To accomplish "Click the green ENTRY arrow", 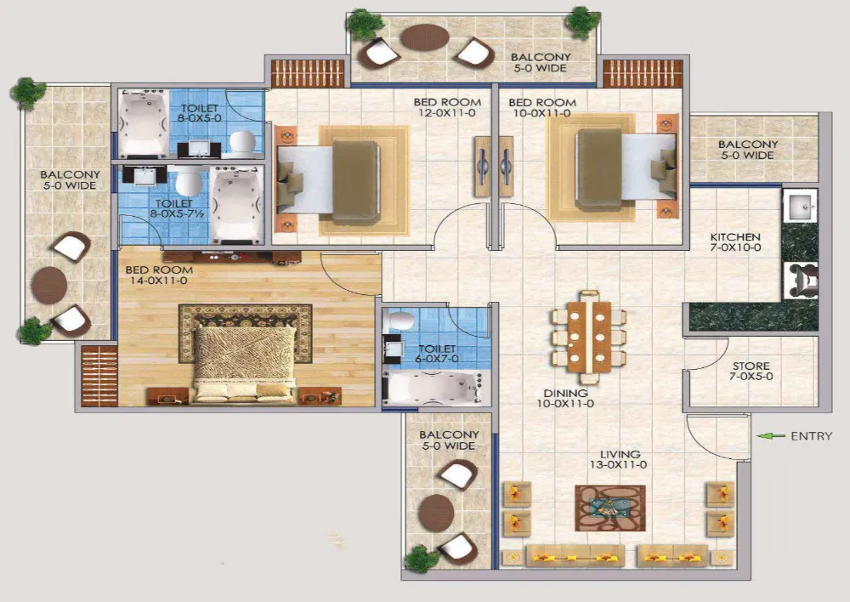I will click(x=770, y=436).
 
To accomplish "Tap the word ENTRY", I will click(x=811, y=436).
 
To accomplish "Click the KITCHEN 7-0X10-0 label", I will click(x=735, y=242).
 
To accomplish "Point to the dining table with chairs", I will click(x=589, y=336).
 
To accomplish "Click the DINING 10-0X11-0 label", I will click(x=567, y=398).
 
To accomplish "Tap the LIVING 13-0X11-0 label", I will click(x=618, y=459).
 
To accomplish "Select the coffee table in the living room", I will click(x=609, y=508).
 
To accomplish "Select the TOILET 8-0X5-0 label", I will click(x=199, y=114).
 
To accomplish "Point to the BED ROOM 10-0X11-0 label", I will click(x=541, y=108).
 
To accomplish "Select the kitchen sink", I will click(x=800, y=206).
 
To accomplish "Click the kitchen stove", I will click(x=800, y=279).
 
